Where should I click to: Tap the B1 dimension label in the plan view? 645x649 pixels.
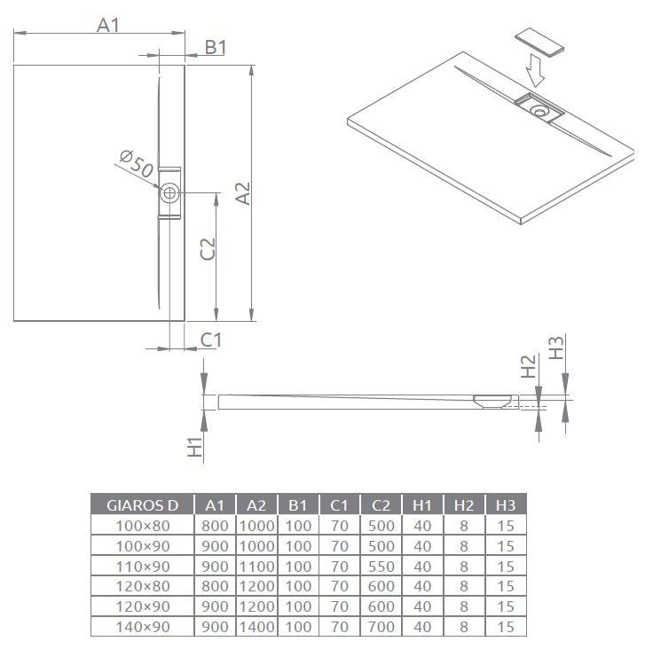216,47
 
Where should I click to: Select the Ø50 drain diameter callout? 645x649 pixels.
136,164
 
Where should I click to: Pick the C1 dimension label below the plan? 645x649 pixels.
210,339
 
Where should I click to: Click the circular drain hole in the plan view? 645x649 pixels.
169,192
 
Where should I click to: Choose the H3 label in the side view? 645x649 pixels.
556,348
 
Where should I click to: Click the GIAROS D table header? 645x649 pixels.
143,505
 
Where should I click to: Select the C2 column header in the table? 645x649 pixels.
381,505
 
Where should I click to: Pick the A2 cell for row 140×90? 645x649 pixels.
256,627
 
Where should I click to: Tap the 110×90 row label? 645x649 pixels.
143,566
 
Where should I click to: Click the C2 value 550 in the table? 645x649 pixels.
381,566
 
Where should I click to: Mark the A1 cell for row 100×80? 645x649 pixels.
215,525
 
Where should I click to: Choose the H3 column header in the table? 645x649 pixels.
505,505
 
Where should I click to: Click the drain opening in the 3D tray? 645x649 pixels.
539,110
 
